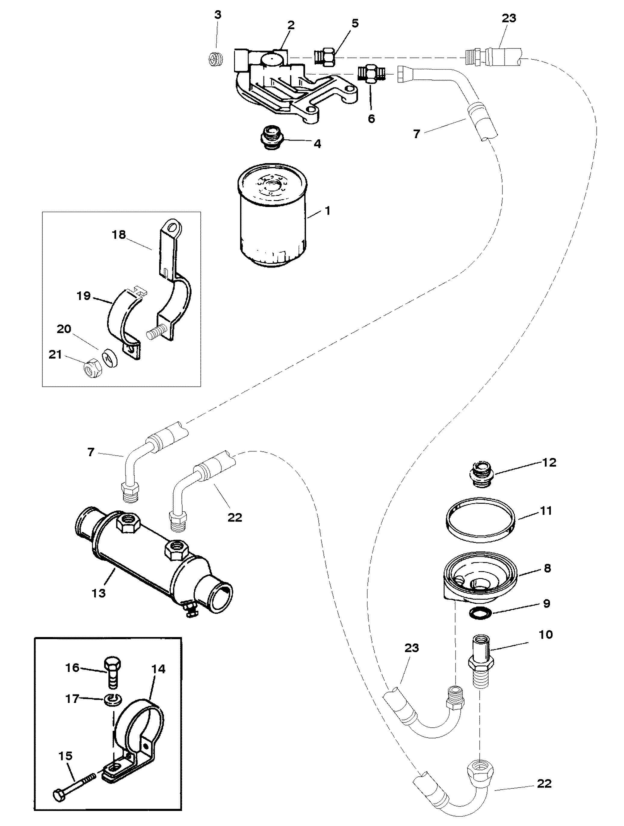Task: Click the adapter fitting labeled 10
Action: click(x=480, y=661)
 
